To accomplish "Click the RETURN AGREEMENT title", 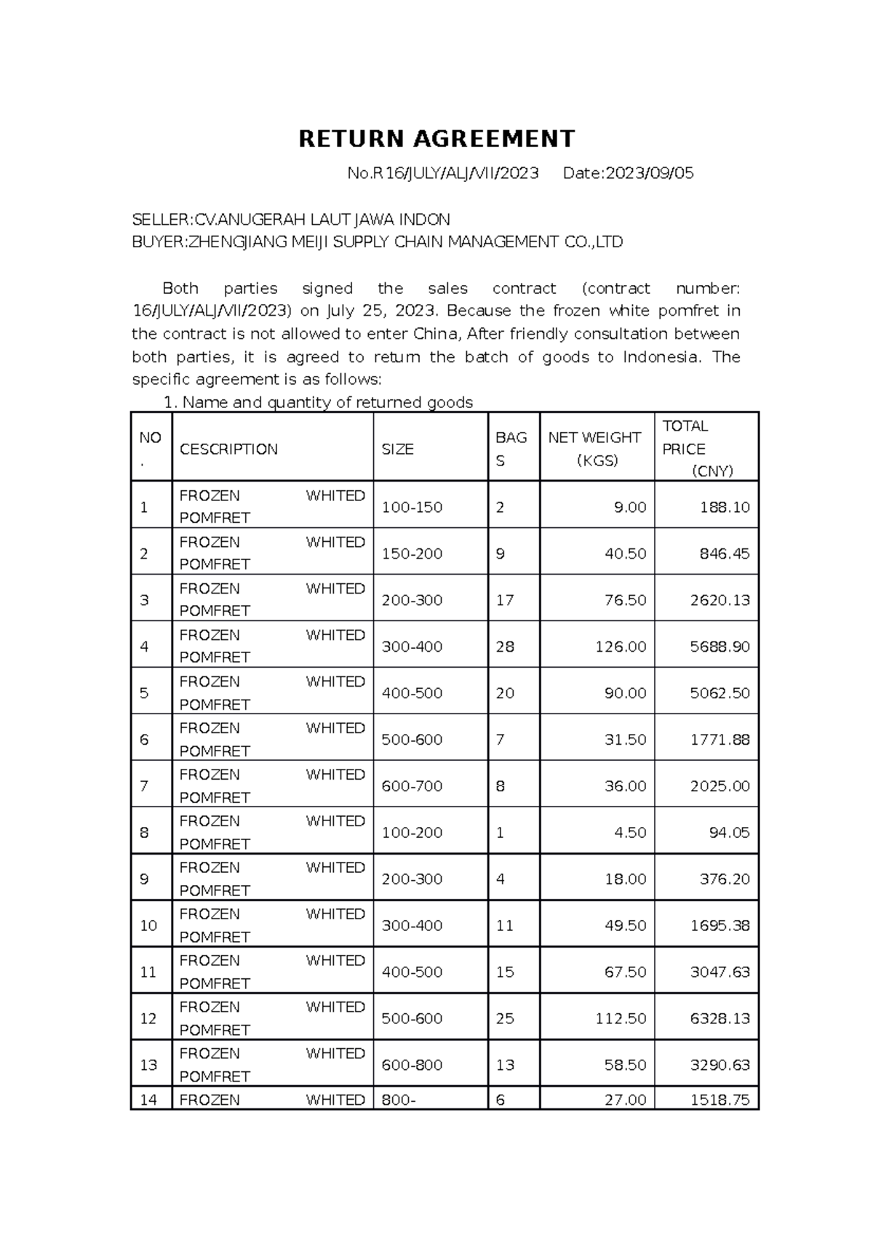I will click(436, 138).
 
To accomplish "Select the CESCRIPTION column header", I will click(228, 449).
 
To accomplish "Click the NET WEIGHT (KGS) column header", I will click(595, 449).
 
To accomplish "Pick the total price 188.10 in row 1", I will click(725, 508).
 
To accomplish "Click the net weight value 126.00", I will click(621, 647).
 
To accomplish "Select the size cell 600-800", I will click(412, 1066).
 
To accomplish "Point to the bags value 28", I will click(505, 647).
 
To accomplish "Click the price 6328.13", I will click(719, 1019).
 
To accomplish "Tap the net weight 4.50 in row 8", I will click(630, 833).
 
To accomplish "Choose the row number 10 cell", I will click(148, 926).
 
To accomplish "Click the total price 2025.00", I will click(719, 786).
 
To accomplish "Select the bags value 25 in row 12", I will click(505, 1019).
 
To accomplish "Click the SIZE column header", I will click(398, 449).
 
